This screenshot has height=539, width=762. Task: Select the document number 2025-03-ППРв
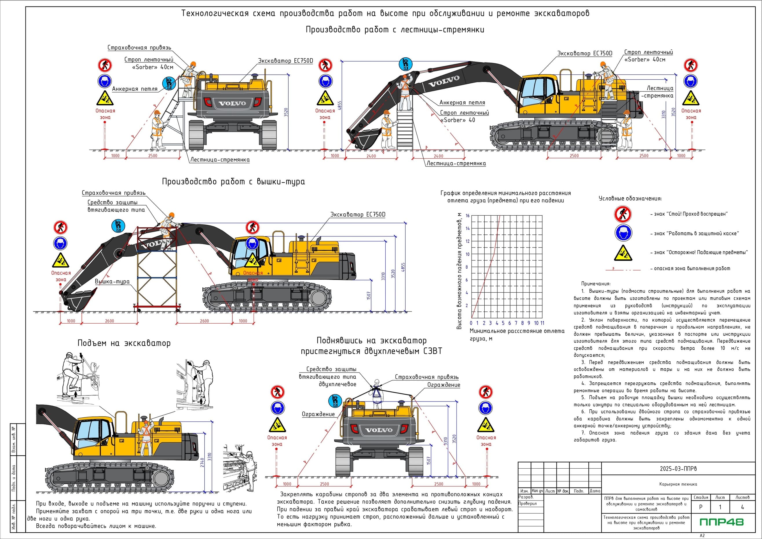pos(678,469)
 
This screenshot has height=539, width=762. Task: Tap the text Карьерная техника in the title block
pos(678,484)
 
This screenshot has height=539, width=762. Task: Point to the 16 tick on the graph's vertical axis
pos(468,216)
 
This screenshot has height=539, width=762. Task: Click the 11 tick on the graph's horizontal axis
pos(542,323)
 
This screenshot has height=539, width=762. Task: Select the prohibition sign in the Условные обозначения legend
pos(623,214)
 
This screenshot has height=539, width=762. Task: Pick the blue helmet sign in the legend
pos(623,233)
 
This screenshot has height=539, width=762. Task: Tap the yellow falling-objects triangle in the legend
pos(623,253)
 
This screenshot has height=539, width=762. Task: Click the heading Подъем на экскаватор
pos(124,343)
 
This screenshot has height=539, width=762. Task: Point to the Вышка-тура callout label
pos(112,281)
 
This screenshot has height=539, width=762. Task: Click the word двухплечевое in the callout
pos(337,384)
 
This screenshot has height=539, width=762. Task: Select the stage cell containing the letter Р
pos(701,507)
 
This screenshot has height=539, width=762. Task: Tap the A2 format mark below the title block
pos(702,535)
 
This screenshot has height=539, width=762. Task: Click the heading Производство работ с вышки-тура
pos(233,181)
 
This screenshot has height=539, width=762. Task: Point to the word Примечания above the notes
pos(596,284)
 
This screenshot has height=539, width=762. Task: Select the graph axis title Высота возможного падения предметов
pos(459,270)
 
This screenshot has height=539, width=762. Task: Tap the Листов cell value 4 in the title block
pos(742,507)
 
